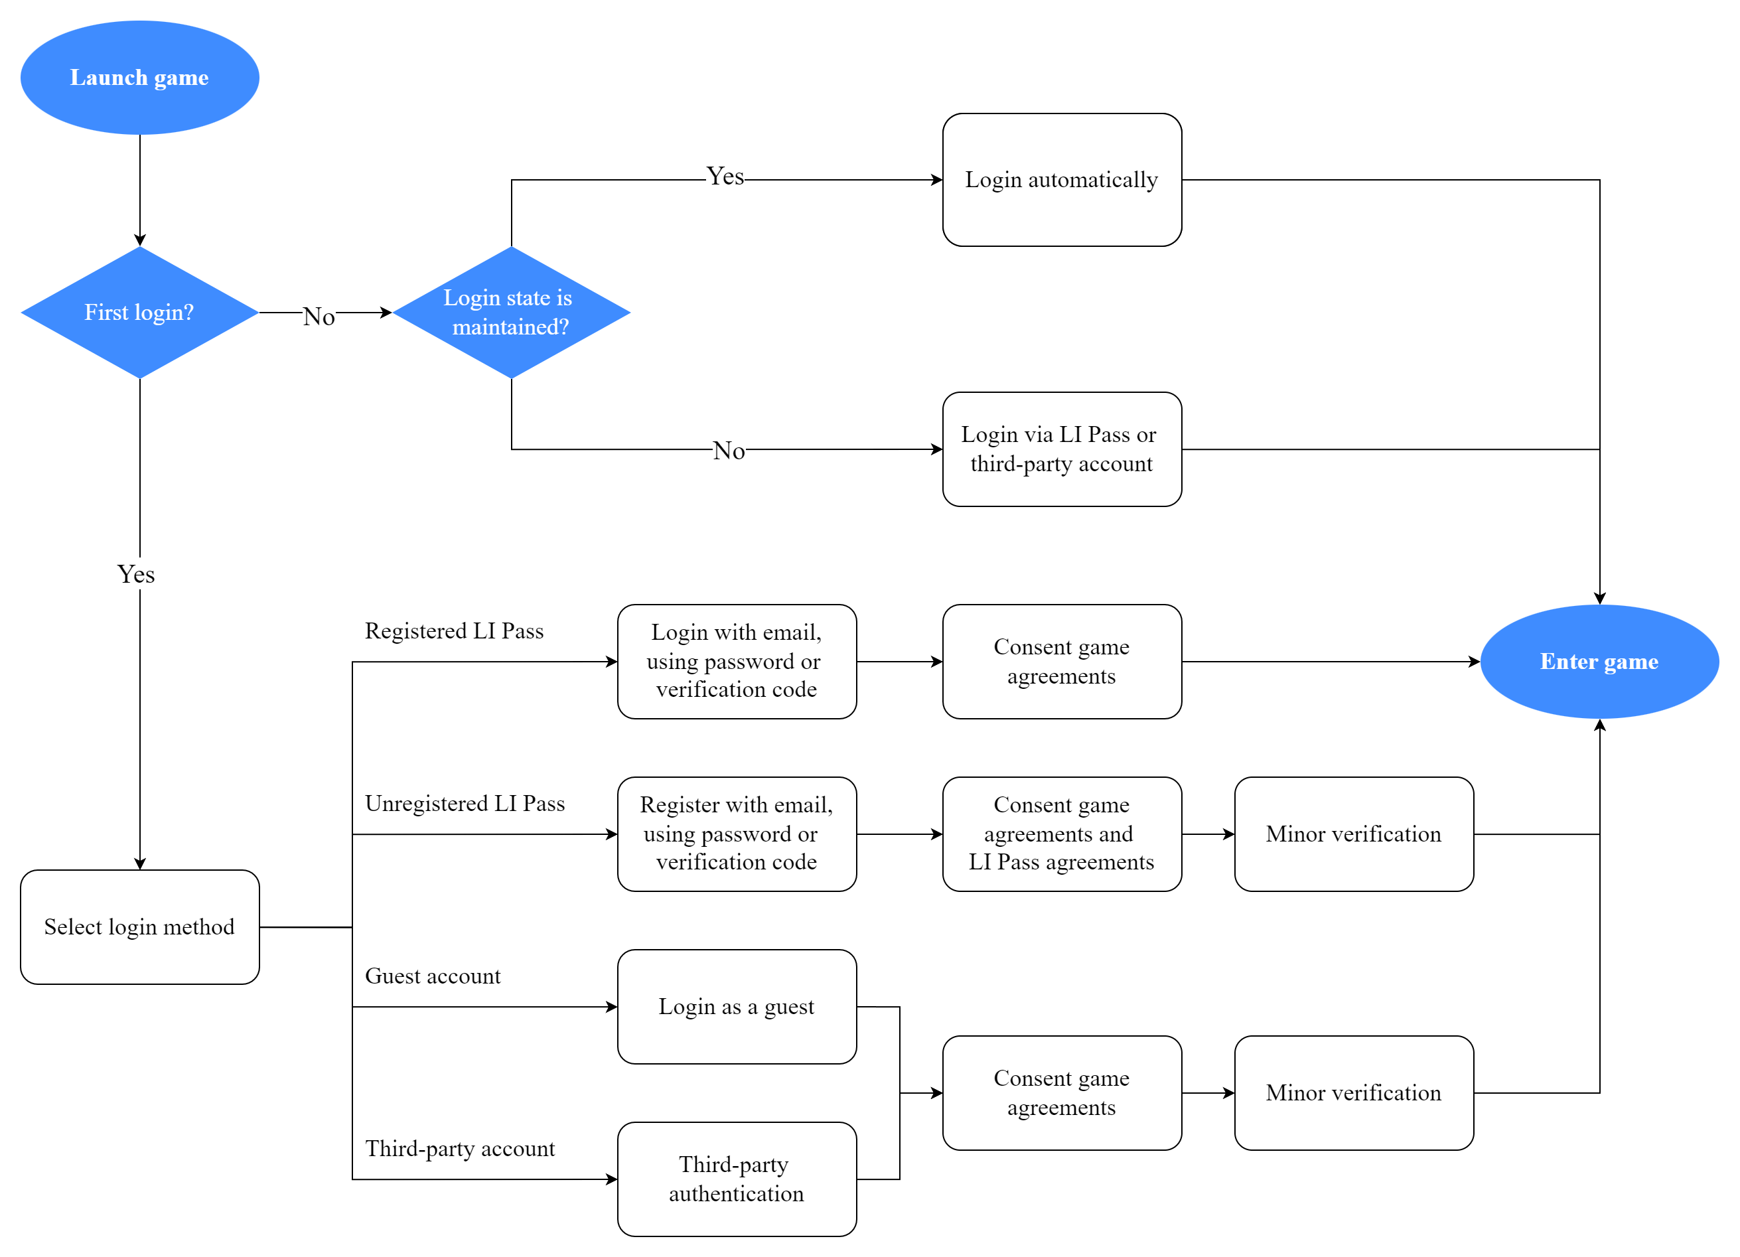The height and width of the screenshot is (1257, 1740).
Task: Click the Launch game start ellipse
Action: tap(139, 78)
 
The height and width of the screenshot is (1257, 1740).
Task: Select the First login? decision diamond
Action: tap(139, 313)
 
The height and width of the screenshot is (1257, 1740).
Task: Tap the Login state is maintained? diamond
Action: tap(511, 313)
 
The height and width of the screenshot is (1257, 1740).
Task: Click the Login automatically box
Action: tap(1061, 180)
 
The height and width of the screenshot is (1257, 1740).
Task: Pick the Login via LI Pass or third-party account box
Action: tap(1061, 449)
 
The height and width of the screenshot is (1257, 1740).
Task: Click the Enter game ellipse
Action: tap(1599, 662)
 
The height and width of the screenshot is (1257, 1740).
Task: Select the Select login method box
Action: tap(139, 927)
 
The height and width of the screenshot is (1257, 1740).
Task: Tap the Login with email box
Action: tap(737, 662)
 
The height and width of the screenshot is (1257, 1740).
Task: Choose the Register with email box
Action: tap(737, 834)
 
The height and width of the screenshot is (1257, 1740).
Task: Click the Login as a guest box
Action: tap(737, 1007)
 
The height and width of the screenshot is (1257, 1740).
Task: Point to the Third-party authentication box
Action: tap(737, 1179)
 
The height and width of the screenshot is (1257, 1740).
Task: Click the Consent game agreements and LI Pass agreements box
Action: tap(1061, 834)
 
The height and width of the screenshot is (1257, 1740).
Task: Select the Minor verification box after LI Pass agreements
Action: tap(1353, 834)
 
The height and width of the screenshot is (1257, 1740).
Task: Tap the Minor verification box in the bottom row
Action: tap(1353, 1093)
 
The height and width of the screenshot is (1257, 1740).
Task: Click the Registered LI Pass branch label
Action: tap(454, 630)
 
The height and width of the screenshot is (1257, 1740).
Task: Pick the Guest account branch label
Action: tap(433, 976)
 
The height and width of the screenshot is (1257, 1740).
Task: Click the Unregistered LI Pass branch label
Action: tap(465, 804)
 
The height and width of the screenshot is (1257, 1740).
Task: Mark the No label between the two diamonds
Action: tap(319, 316)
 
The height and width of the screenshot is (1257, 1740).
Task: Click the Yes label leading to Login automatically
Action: tap(725, 177)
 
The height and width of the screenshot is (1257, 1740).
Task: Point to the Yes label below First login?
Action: tap(136, 574)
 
